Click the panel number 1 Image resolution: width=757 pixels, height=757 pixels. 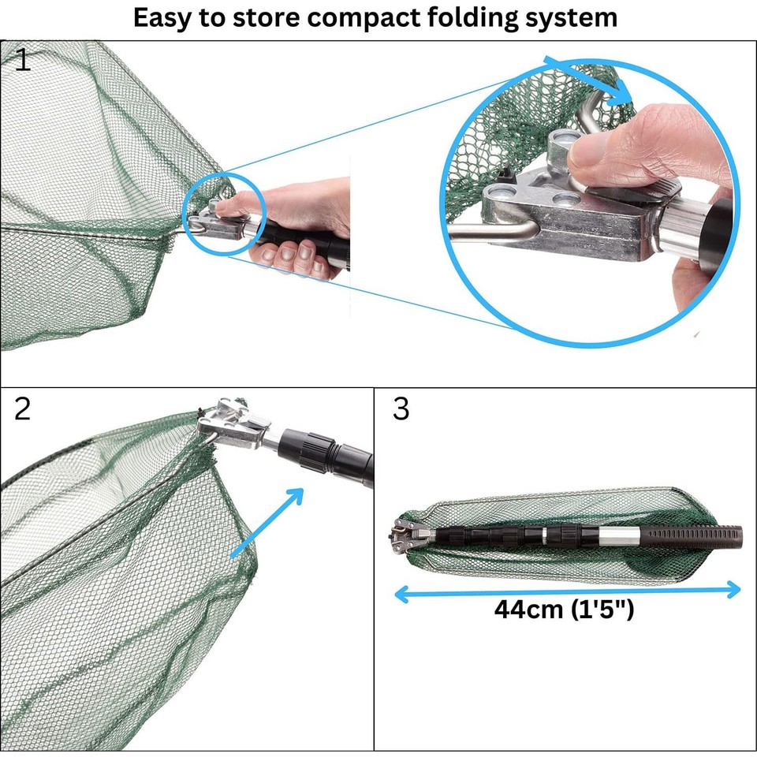(23, 60)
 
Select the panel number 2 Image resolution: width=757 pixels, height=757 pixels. (22, 409)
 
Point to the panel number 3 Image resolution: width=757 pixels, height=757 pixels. (401, 409)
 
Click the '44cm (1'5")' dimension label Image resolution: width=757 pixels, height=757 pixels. (564, 610)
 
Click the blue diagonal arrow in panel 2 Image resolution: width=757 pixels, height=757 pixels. (268, 522)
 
